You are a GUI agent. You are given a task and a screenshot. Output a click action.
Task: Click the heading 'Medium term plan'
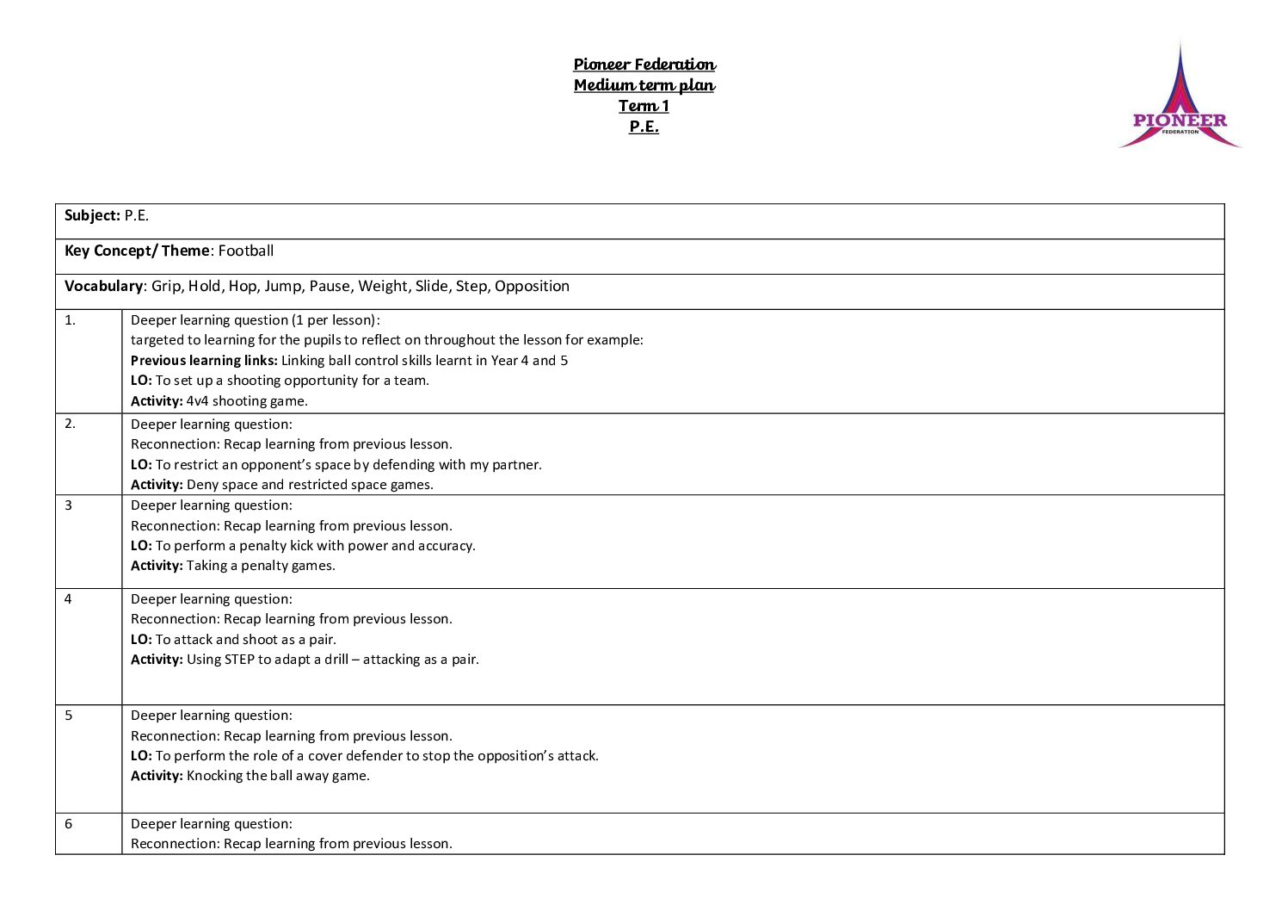coord(644,85)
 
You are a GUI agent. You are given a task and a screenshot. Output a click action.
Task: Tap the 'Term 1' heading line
coord(644,106)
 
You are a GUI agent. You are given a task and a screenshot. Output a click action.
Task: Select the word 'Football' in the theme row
coord(246,251)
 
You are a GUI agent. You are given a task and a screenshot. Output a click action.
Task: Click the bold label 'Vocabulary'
coord(103,286)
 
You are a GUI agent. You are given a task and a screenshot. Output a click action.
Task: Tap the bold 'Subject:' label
coord(92,215)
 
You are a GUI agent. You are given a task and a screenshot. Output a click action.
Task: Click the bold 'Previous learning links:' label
coord(204,361)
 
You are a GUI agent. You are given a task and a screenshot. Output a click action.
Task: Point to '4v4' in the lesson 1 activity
coord(197,401)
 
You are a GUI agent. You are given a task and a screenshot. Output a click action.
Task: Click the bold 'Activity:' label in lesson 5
coord(157,776)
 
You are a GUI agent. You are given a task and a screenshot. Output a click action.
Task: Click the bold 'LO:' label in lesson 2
coord(141,465)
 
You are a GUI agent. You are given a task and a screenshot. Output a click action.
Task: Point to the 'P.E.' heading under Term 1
coord(644,127)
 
